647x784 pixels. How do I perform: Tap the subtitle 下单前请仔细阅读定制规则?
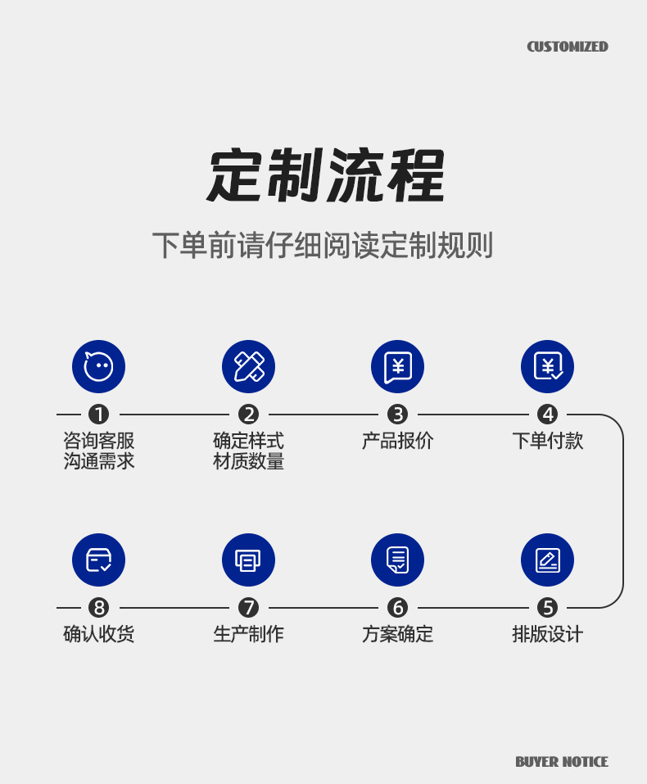(323, 245)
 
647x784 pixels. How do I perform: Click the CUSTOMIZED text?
(567, 47)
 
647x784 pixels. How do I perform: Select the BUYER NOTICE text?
(561, 762)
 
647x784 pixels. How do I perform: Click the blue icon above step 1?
(99, 366)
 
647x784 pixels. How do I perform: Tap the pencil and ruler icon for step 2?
(248, 366)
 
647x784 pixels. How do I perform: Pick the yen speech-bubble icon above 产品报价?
(397, 366)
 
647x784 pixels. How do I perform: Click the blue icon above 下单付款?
(547, 366)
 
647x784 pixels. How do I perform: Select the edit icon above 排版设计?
(547, 560)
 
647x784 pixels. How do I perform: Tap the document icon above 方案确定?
(397, 560)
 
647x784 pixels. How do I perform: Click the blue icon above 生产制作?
(248, 560)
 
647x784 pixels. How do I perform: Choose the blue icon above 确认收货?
(99, 560)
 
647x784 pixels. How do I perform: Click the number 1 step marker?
(99, 415)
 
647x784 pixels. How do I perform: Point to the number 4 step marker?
(547, 415)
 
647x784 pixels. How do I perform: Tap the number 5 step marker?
(547, 608)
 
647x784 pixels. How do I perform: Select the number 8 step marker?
(99, 608)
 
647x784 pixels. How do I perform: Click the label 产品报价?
(397, 441)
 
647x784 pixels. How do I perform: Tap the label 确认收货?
(99, 634)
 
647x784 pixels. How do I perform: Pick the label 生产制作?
(248, 634)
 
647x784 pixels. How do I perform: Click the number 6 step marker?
(397, 608)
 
